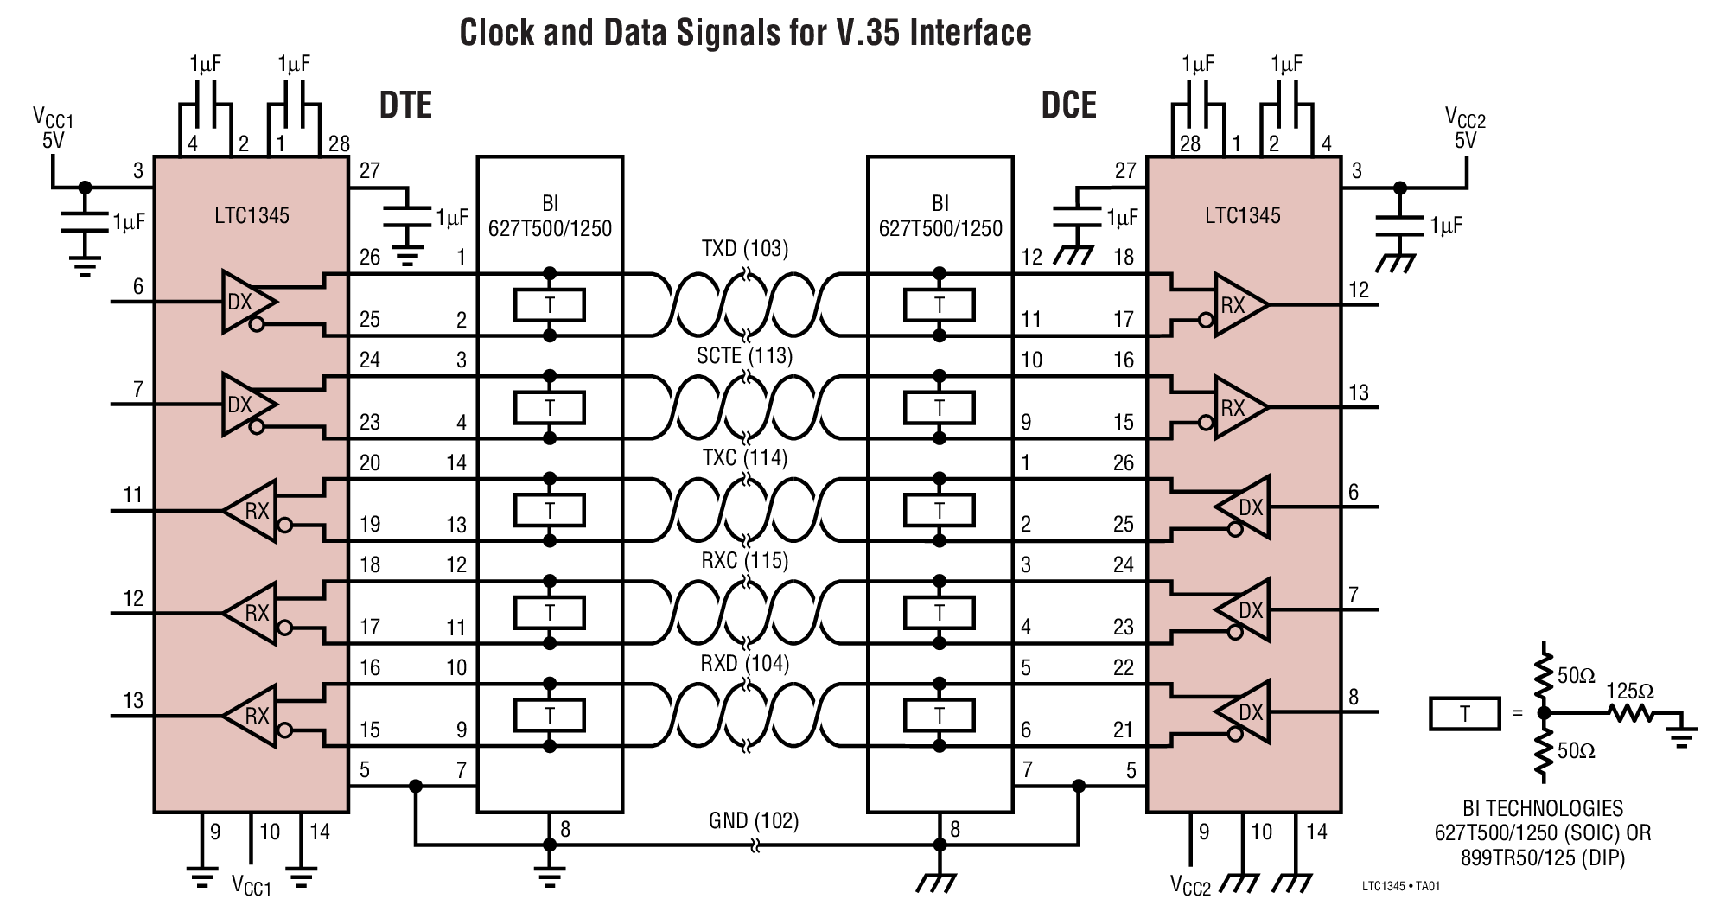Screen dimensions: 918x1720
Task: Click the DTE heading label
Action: point(405,105)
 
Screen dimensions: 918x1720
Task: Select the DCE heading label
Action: point(1068,105)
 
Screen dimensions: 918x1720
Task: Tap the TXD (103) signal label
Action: point(744,249)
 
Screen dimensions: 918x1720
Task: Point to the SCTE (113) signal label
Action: point(744,355)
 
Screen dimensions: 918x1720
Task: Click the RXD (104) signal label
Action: point(744,663)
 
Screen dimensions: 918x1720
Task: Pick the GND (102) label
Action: point(754,819)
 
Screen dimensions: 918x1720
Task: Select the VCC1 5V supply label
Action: point(54,128)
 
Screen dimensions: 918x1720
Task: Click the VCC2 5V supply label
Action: point(1465,128)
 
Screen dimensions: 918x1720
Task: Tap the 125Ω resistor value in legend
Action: point(1629,691)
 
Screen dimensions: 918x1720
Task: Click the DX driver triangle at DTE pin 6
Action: point(247,302)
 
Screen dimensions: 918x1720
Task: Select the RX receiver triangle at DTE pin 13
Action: point(252,716)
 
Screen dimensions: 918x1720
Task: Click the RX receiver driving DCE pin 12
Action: point(1238,304)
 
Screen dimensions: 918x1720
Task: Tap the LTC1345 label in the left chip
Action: point(252,215)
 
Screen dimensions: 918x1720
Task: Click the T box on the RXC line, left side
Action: point(549,613)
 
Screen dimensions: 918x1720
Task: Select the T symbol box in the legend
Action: point(1464,713)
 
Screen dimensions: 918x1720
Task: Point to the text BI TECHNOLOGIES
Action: point(1542,808)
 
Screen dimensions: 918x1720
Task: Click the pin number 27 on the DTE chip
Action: point(370,170)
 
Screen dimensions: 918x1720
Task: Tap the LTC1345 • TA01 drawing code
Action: point(1400,886)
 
